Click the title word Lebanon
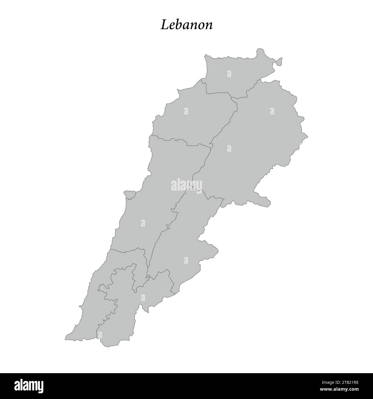click(x=187, y=25)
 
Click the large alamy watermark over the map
click(x=187, y=185)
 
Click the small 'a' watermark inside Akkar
click(x=229, y=74)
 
